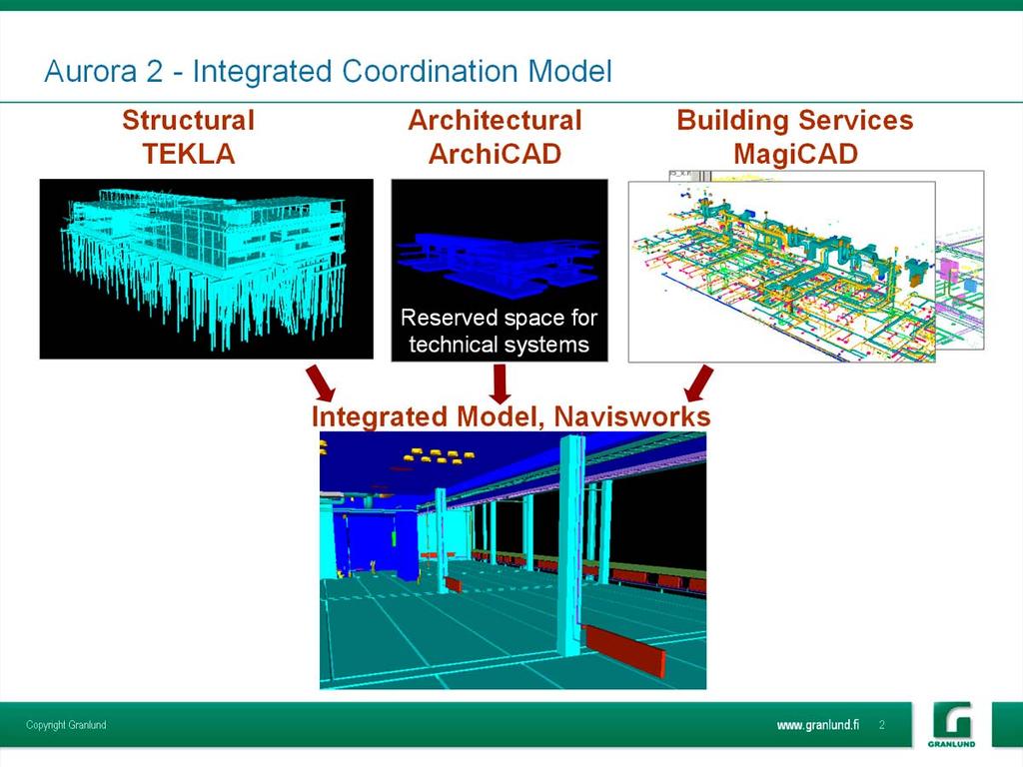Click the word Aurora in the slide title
(91, 71)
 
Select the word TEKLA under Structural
(189, 154)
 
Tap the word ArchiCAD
(496, 154)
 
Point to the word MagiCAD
(795, 155)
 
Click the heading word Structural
(188, 120)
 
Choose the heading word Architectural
(496, 120)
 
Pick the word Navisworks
(631, 416)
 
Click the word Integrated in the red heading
(380, 416)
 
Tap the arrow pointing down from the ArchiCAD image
(500, 383)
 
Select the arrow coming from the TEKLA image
(321, 383)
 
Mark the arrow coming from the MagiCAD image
(698, 383)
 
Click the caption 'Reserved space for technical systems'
(500, 331)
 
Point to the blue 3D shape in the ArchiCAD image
(500, 262)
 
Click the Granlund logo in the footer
(952, 724)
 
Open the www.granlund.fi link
(818, 725)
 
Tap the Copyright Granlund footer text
(66, 725)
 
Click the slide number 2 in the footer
(882, 725)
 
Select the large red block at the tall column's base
(625, 650)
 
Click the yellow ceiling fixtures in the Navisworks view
(441, 455)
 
